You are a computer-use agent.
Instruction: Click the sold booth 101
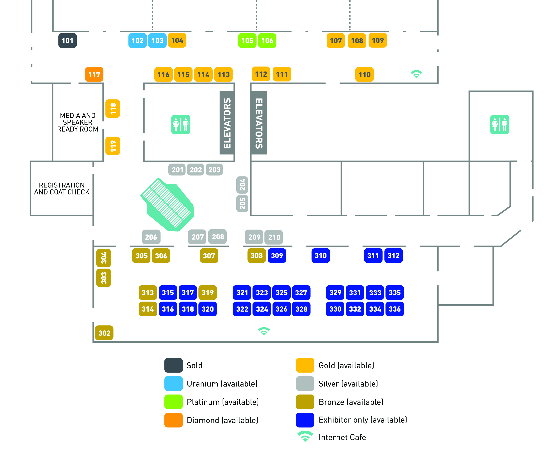click(68, 41)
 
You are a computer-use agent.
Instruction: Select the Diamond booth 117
click(94, 74)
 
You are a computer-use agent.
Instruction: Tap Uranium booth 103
click(157, 41)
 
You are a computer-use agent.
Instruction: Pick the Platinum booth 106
click(267, 41)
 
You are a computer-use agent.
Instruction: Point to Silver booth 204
click(242, 185)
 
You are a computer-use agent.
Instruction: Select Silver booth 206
click(151, 237)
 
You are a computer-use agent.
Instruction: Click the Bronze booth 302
click(104, 333)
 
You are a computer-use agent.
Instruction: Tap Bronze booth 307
click(209, 256)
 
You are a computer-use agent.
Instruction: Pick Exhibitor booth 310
click(320, 256)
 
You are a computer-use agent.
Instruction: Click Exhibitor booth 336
click(395, 309)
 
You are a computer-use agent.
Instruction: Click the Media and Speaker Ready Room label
click(78, 122)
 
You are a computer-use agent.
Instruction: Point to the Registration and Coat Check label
click(62, 189)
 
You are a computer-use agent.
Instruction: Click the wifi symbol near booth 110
click(416, 74)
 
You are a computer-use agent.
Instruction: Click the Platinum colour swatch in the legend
click(174, 402)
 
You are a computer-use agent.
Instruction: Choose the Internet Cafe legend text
click(342, 437)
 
